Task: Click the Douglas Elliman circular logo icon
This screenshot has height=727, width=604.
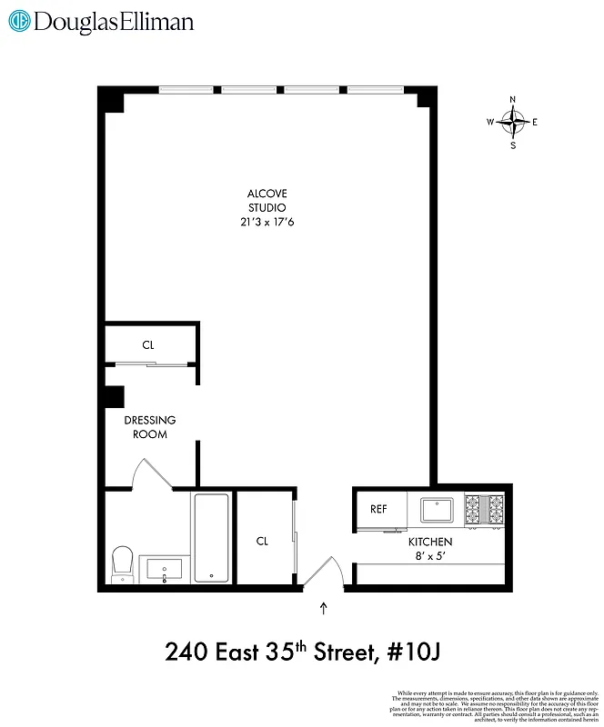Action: tap(20, 22)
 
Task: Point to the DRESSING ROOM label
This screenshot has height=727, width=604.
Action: tap(150, 427)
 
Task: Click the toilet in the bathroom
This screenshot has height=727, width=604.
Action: tap(122, 563)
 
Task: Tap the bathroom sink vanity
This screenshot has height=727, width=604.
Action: tap(164, 570)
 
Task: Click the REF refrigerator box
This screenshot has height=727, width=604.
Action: tap(378, 509)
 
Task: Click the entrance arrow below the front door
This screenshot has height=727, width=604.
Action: tap(324, 606)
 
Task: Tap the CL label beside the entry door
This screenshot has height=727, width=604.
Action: tap(262, 541)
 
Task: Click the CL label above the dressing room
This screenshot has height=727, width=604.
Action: tap(148, 345)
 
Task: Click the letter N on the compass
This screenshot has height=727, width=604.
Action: tap(513, 100)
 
